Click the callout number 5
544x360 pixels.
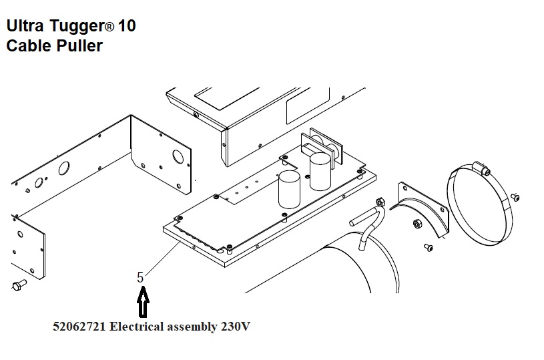click(141, 277)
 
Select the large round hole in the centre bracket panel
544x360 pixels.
click(178, 157)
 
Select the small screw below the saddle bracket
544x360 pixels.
click(427, 248)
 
